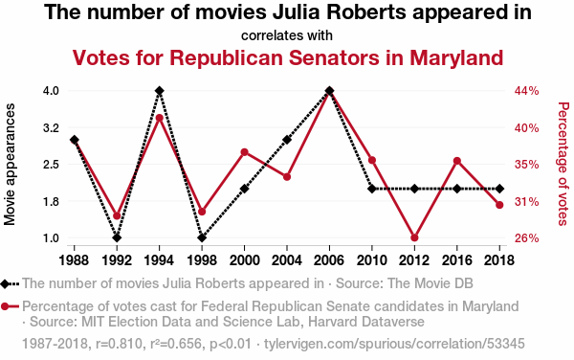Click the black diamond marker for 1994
[159, 90]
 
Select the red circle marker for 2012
[414, 237]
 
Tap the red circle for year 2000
[245, 152]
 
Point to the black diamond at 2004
[287, 140]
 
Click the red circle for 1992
[117, 215]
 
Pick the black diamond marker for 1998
[202, 237]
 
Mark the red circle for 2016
[457, 161]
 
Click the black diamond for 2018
[499, 189]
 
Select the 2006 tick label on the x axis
[329, 260]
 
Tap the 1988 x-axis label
[74, 260]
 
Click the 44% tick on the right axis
[527, 90]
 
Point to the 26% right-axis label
[527, 238]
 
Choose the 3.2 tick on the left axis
[51, 128]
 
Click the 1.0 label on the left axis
[51, 238]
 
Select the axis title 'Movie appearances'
[10, 164]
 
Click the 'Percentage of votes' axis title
[563, 164]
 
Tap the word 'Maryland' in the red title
[456, 58]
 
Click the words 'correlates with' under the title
[287, 35]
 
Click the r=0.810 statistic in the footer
[119, 344]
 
